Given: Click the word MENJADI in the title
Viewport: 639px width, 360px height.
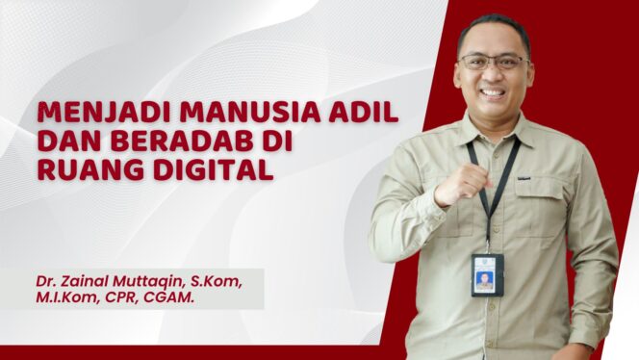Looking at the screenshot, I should [91, 113].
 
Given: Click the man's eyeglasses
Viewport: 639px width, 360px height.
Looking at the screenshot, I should [493, 62].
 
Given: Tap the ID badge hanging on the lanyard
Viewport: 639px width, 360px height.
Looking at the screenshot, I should [487, 274].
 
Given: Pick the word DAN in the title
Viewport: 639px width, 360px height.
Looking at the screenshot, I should [61, 141].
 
